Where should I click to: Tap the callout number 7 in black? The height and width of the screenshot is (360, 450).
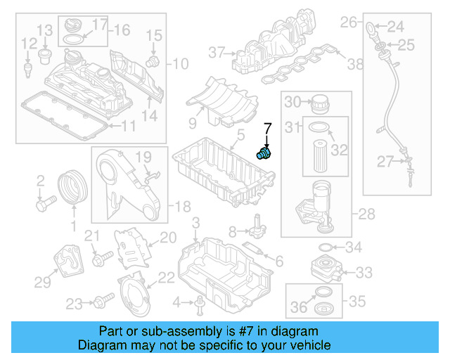point(267,129)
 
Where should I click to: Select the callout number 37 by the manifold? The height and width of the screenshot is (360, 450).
point(215,52)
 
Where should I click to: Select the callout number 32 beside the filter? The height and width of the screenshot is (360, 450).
point(340,150)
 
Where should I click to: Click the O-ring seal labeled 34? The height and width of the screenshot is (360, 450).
point(326,247)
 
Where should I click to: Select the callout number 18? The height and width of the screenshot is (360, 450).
point(182,207)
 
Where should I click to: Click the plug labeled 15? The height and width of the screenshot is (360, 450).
point(150,62)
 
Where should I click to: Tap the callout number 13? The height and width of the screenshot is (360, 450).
point(45,30)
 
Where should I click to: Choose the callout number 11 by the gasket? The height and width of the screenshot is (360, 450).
point(127,127)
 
